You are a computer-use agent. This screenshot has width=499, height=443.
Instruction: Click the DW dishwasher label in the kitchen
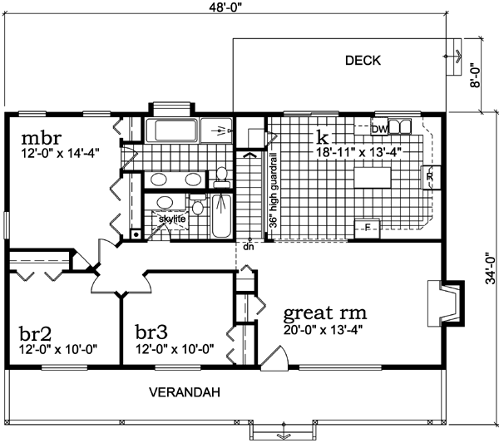[379, 129]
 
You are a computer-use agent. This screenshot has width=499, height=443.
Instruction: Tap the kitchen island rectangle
[373, 178]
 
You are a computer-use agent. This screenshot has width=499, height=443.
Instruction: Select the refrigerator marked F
[366, 226]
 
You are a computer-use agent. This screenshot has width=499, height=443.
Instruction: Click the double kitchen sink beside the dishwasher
[401, 126]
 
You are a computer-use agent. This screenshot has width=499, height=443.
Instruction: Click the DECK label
[363, 60]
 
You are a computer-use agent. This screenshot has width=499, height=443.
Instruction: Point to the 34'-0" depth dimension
[490, 268]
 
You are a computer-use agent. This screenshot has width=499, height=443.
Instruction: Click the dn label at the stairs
[248, 247]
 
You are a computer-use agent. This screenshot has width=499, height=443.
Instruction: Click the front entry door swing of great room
[274, 359]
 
